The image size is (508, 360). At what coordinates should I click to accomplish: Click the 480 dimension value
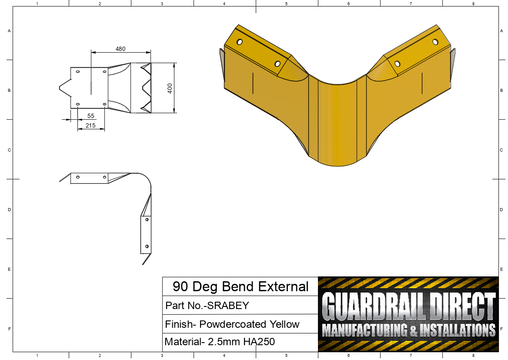tap(120, 49)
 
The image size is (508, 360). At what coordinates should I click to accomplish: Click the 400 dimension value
tap(170, 87)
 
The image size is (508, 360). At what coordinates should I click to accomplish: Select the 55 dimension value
tap(91, 116)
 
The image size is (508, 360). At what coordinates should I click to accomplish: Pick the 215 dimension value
tap(91, 125)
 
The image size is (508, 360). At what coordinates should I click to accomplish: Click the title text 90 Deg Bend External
tap(240, 286)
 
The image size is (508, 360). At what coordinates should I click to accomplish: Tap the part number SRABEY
tap(228, 306)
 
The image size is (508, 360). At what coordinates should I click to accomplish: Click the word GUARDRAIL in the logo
tap(375, 306)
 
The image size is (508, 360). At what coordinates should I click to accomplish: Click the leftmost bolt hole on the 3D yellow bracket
tap(239, 42)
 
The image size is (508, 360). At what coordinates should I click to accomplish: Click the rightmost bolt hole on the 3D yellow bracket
tap(435, 42)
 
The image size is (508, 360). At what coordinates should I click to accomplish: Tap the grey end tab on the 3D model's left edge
tap(222, 65)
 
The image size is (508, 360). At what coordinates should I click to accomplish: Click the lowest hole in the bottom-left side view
tap(147, 246)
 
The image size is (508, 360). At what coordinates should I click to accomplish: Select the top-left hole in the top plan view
tap(78, 71)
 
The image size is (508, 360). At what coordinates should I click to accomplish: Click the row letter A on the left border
tap(9, 31)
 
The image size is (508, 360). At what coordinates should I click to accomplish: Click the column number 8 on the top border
tap(473, 3)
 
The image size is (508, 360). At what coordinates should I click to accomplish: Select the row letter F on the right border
tap(501, 329)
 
